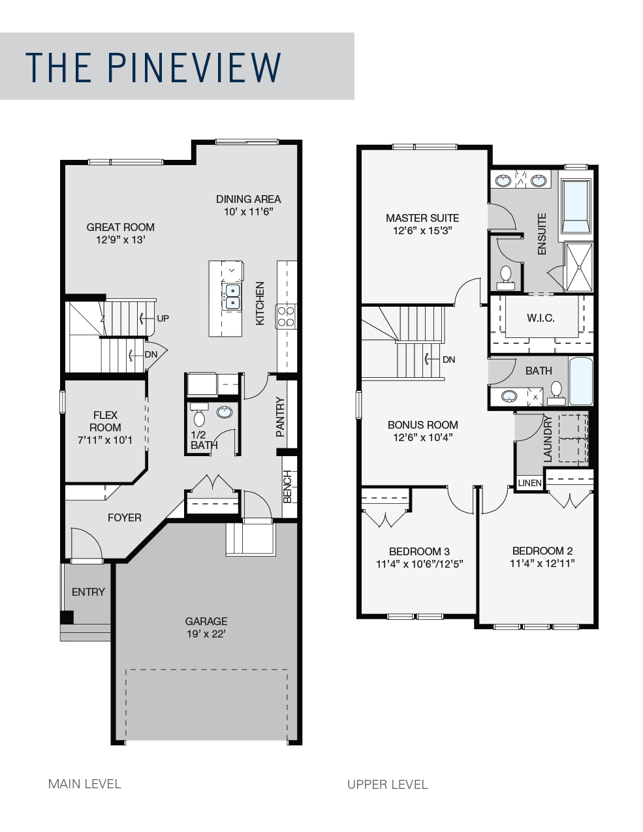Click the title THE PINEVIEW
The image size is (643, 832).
click(153, 67)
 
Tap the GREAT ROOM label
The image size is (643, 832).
click(121, 227)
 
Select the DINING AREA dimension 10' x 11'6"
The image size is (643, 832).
click(249, 211)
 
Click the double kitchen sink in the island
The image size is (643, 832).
click(232, 297)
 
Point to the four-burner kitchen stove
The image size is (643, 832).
click(287, 316)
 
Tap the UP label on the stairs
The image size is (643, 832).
click(163, 318)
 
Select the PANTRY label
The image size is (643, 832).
click(280, 417)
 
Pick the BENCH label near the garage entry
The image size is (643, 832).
click(288, 486)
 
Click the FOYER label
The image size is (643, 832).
click(125, 517)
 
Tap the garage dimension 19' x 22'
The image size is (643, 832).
click(206, 634)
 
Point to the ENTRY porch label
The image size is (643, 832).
click(88, 592)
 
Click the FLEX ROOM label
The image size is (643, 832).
click(105, 421)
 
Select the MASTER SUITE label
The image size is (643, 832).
click(422, 218)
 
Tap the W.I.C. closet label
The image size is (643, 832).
click(541, 318)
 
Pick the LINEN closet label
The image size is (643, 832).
click(529, 483)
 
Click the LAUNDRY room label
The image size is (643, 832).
click(548, 439)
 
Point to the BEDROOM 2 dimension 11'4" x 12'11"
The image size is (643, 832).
click(542, 563)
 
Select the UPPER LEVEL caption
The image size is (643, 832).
click(388, 785)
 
